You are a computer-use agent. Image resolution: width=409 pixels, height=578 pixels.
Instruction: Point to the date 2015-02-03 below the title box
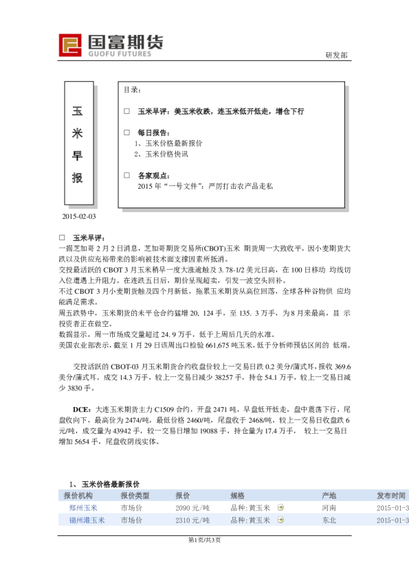coord(79,217)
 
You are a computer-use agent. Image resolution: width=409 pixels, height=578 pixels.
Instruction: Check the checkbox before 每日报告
coord(126,132)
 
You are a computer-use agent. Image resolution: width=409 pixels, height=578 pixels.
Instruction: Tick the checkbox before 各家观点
coord(126,175)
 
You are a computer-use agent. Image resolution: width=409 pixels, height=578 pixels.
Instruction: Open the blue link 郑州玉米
coord(83,508)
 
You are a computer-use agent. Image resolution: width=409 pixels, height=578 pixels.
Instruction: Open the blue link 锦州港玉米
coord(87,520)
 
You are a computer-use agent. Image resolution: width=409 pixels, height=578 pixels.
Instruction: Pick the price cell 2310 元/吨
coord(192,520)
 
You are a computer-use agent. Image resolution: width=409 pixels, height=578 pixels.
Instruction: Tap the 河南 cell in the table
coord(329,508)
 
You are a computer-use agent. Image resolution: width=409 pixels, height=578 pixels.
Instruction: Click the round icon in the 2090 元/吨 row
coord(280,508)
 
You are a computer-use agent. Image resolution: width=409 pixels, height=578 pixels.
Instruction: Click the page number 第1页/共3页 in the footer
coord(204,540)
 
